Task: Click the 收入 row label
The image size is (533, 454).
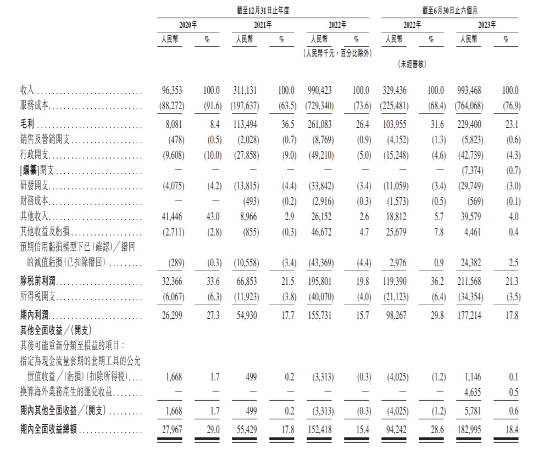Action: (x=27, y=89)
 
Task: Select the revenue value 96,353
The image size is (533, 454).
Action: (x=170, y=89)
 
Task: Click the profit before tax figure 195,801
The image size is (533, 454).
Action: (x=319, y=282)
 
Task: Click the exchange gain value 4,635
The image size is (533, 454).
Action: (x=471, y=393)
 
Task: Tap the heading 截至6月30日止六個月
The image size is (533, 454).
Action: (x=449, y=9)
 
